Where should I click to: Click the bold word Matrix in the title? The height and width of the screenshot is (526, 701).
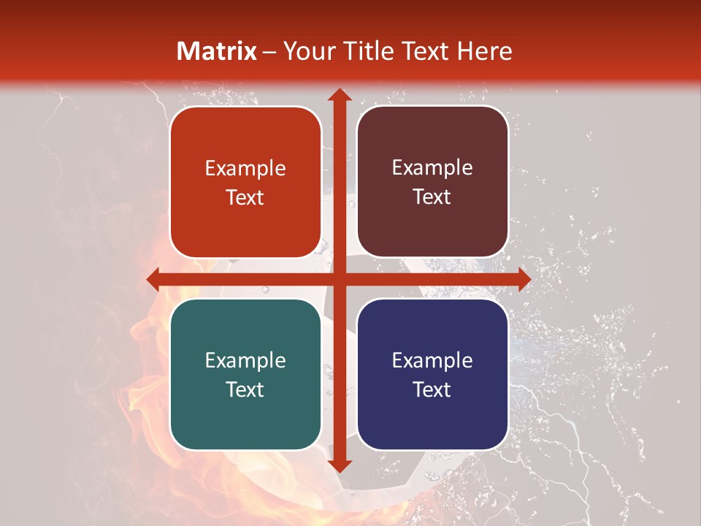(x=217, y=51)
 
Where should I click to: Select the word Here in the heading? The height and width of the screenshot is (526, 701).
(x=485, y=51)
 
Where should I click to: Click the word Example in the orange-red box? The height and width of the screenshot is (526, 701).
(x=245, y=169)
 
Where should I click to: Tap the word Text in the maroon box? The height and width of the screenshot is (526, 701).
(x=432, y=197)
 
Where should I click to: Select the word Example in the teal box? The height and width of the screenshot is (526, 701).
(x=245, y=360)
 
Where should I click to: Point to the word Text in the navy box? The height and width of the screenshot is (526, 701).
(x=432, y=389)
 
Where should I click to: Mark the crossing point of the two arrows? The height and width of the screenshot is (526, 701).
(x=339, y=279)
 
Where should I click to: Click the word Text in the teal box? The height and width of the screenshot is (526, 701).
(x=245, y=389)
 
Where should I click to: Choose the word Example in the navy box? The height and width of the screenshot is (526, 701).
(x=432, y=360)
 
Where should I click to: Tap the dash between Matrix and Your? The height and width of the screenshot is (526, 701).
(x=269, y=52)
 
